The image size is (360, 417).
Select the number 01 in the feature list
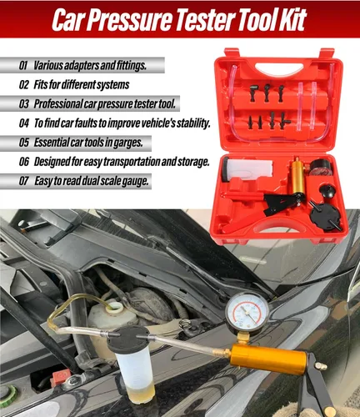coord(23,64)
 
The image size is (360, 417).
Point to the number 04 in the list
coord(24,123)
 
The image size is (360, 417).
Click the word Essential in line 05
coord(58,143)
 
